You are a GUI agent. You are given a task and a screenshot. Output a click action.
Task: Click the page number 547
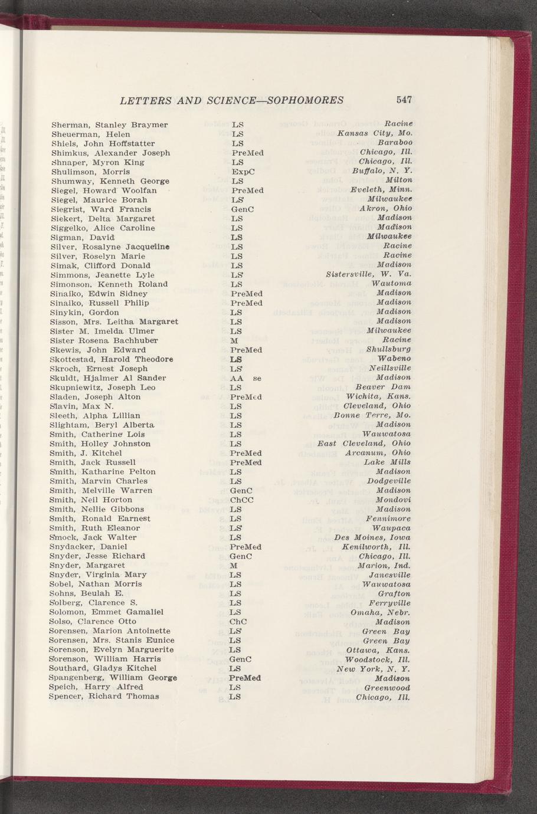tap(404, 100)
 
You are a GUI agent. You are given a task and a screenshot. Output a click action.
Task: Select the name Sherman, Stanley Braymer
tap(110, 125)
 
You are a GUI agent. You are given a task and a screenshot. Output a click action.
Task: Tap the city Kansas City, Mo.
tap(374, 134)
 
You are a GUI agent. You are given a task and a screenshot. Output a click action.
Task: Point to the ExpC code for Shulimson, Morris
tap(243, 172)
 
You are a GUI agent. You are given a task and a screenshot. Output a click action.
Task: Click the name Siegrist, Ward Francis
tap(101, 209)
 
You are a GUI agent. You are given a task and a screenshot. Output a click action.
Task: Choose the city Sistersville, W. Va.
tap(368, 275)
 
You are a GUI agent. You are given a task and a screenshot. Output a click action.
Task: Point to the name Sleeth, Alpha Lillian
tap(96, 415)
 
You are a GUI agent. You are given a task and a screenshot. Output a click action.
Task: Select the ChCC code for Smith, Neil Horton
tap(242, 500)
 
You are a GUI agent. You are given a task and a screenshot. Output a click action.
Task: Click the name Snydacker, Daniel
tap(89, 547)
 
